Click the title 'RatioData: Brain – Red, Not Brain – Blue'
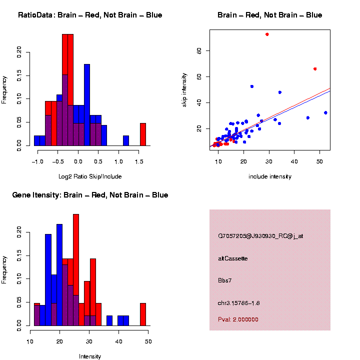pos(90,15)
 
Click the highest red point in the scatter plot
pos(267,34)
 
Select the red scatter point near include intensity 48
pos(315,68)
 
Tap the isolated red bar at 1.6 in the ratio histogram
pos(143,134)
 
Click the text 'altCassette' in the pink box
pos(233,258)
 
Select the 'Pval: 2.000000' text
pos(238,319)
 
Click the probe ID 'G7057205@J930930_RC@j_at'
pos(260,236)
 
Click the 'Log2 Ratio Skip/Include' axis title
pos(90,176)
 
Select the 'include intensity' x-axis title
pos(270,176)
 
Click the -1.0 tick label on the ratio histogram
pos(37,161)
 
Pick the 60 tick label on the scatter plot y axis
pos(199,50)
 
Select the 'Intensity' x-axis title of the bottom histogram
pos(90,356)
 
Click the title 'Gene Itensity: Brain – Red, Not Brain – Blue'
pos(90,195)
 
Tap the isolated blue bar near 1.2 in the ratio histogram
pos(126,140)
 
